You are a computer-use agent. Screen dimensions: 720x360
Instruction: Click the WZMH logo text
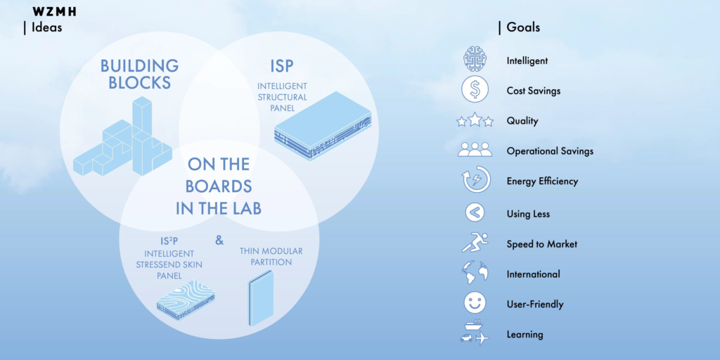click(x=54, y=12)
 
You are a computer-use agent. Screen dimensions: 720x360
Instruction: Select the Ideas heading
click(x=46, y=27)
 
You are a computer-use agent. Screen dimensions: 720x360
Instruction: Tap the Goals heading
click(x=523, y=27)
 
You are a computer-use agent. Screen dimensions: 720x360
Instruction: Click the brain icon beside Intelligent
click(x=475, y=59)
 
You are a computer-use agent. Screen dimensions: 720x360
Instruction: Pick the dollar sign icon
click(x=475, y=89)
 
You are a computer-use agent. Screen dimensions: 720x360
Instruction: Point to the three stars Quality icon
click(x=475, y=120)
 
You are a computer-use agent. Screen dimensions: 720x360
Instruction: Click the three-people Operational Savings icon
click(x=475, y=149)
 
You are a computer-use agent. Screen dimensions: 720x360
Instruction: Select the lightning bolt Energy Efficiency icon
click(x=476, y=179)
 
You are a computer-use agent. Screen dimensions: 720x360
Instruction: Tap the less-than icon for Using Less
click(x=475, y=212)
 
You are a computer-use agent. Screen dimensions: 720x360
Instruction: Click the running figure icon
click(x=475, y=243)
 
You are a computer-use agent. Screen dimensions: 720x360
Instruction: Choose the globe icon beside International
click(x=475, y=273)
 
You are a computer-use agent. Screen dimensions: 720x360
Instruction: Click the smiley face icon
click(x=475, y=303)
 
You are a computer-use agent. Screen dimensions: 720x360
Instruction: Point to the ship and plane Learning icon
click(x=475, y=333)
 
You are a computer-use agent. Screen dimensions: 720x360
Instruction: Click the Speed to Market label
click(x=542, y=244)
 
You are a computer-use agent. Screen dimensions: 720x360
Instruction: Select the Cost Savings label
click(x=534, y=91)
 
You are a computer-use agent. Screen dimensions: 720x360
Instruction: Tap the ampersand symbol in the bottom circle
click(x=219, y=240)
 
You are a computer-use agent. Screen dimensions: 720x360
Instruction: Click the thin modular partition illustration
click(x=261, y=298)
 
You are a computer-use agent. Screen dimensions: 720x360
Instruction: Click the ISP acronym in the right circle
click(x=281, y=67)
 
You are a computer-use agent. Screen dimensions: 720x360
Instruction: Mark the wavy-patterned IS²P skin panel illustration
click(x=186, y=299)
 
